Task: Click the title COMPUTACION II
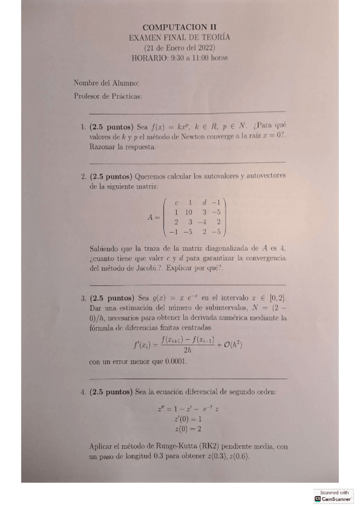(179, 27)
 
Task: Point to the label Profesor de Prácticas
(108, 95)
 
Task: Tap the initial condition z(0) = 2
(179, 428)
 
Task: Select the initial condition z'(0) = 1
(179, 418)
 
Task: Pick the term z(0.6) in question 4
(237, 456)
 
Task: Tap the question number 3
(82, 297)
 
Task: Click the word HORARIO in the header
(150, 58)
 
